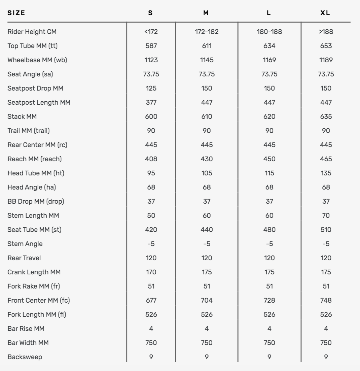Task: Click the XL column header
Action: (326, 13)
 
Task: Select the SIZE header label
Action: (16, 13)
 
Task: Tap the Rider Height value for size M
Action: (206, 32)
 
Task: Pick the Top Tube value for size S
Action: (151, 46)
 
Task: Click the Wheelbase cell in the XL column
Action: (326, 60)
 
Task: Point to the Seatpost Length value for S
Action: (151, 103)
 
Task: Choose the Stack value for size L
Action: (269, 117)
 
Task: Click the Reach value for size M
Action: (206, 159)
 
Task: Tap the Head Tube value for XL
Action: (326, 173)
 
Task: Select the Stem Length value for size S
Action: (151, 216)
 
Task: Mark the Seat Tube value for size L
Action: (269, 230)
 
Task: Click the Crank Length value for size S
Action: (151, 272)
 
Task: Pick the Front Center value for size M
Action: (206, 301)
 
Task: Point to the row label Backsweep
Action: (25, 357)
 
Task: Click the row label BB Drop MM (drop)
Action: (36, 202)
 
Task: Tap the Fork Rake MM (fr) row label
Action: (34, 286)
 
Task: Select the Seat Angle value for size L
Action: (269, 74)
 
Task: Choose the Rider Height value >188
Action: (326, 32)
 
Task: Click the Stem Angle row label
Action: (25, 244)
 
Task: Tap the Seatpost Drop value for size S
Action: (151, 89)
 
